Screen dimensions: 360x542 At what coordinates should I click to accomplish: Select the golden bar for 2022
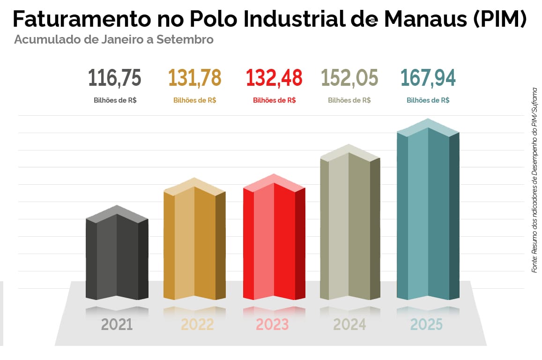pos(194,244)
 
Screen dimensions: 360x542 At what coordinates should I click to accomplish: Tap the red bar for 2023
pos(274,241)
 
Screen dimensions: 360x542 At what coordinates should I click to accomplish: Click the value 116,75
pos(114,78)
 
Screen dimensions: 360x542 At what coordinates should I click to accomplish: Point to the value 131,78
pos(194,78)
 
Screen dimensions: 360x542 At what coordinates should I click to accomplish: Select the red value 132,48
pos(274,78)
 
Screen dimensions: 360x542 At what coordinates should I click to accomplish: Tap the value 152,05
pos(349,78)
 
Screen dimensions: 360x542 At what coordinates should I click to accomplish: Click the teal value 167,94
pos(428,78)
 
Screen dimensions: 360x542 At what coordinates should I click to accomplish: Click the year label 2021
pos(117,324)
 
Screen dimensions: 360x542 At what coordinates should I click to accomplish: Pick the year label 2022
pos(197,324)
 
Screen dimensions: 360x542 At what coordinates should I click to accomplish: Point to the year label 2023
pos(272,324)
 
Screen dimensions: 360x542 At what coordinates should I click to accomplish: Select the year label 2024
pos(349,324)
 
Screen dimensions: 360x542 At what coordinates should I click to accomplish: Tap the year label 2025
pos(426,324)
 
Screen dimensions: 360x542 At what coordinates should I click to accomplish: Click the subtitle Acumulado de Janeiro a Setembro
pos(114,39)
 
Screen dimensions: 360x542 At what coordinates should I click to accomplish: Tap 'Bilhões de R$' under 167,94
pos(428,100)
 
